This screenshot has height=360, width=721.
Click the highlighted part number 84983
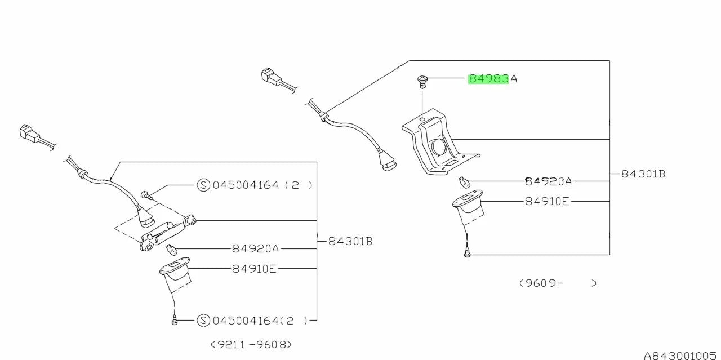point(488,79)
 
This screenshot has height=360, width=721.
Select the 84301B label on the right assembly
point(643,174)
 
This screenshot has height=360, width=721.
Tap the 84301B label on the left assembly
point(350,241)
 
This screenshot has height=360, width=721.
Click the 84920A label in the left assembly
point(255,248)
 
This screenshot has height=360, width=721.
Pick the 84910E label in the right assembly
point(547,201)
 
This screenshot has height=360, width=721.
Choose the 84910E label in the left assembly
point(254,269)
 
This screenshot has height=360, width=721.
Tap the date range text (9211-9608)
point(251,344)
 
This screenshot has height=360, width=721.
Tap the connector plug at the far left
point(29,134)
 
